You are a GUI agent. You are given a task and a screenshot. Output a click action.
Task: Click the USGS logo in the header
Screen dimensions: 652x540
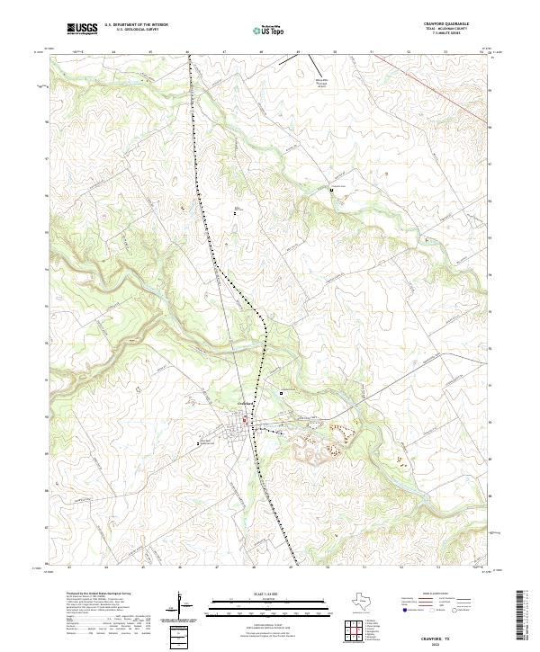point(82,30)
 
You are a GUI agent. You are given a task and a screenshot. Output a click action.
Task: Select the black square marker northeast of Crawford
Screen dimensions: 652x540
point(281,392)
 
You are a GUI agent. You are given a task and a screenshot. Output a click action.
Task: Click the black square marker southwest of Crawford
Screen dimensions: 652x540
point(200,443)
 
